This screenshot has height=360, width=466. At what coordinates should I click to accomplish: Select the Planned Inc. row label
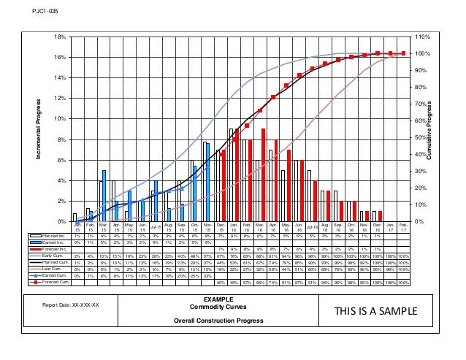click(54, 236)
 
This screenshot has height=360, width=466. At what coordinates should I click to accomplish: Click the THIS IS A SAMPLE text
click(373, 311)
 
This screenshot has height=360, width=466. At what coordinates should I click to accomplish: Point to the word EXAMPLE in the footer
click(219, 300)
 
